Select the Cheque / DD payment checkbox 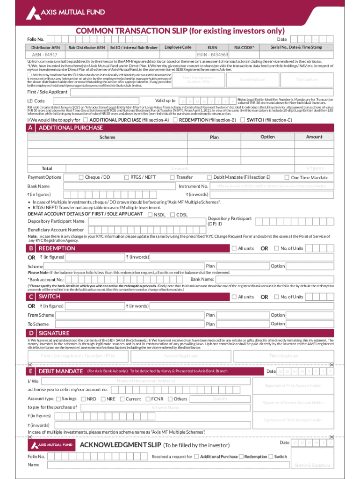(x=81, y=177)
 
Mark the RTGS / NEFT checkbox (x=126, y=177)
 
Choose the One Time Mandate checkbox (x=287, y=178)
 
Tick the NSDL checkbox (x=150, y=215)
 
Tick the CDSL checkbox (x=173, y=215)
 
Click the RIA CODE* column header (x=244, y=48)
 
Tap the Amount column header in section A (x=314, y=137)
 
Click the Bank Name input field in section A (x=124, y=186)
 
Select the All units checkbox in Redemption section (x=234, y=248)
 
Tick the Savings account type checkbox (x=58, y=399)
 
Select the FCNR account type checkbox (x=148, y=399)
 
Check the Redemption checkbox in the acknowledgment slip (x=241, y=457)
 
